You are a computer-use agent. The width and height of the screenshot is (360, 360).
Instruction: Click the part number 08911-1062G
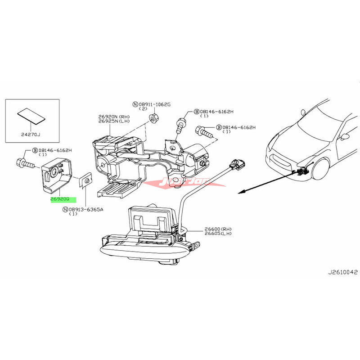coord(153,104)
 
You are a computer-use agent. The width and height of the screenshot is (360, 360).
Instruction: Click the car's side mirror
coord(346,137)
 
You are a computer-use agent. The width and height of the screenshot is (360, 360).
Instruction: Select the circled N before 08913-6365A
coord(66,209)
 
